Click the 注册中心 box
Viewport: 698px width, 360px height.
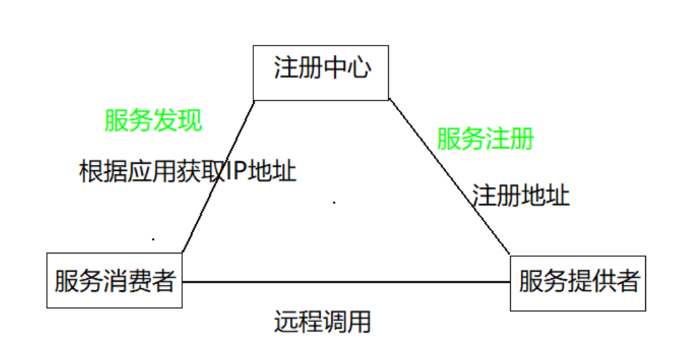click(x=321, y=72)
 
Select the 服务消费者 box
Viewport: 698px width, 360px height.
click(x=115, y=280)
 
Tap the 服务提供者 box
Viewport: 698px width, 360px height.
click(x=578, y=283)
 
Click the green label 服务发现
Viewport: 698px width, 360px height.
click(x=153, y=121)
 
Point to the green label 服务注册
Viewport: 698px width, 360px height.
click(x=485, y=138)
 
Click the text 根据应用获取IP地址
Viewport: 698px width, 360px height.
click(x=188, y=171)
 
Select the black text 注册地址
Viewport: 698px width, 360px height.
click(x=521, y=195)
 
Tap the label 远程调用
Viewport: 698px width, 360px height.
click(x=323, y=321)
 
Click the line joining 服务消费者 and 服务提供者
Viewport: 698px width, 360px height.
click(x=346, y=282)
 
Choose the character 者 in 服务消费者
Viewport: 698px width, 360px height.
click(x=163, y=280)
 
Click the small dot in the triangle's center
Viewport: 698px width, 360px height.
click(x=335, y=201)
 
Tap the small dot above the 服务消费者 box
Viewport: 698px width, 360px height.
click(x=154, y=239)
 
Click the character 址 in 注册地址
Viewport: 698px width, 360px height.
click(x=558, y=195)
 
